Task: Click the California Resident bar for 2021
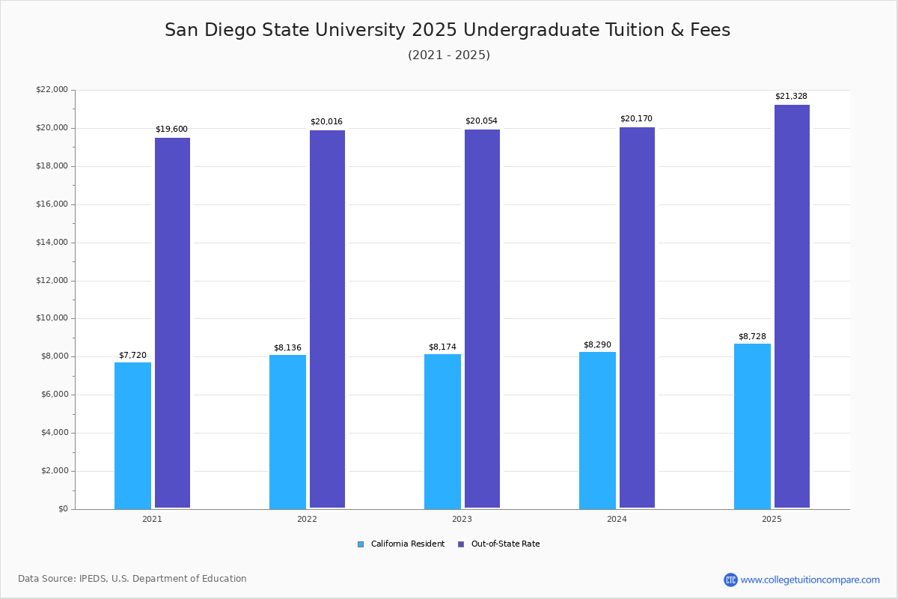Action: click(132, 436)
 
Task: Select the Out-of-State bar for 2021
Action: click(172, 323)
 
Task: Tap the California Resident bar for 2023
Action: click(442, 431)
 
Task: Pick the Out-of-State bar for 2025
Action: click(792, 306)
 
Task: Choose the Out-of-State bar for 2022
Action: click(327, 319)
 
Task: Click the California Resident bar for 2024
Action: click(597, 431)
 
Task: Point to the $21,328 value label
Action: click(791, 97)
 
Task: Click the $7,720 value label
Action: click(132, 356)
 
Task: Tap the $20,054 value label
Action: click(481, 121)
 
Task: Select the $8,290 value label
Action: click(597, 345)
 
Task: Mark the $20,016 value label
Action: click(326, 122)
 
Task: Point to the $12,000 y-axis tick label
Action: click(52, 281)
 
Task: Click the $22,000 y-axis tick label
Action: click(52, 90)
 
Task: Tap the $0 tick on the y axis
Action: click(62, 509)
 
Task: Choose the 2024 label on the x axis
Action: click(617, 519)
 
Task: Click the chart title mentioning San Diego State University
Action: click(448, 30)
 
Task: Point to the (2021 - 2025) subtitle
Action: click(449, 55)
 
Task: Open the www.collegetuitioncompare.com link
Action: click(810, 580)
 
